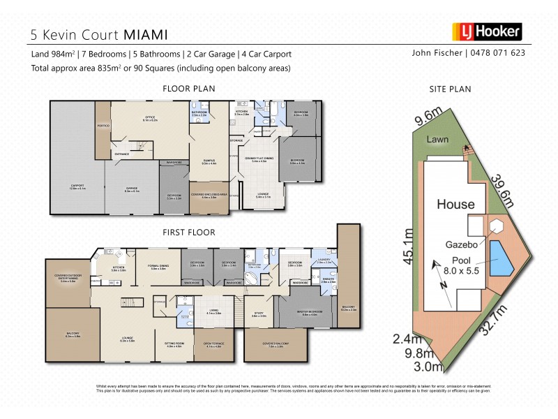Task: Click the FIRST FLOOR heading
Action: (188, 232)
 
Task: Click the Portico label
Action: (103, 127)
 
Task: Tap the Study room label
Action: (259, 315)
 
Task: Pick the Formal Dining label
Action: (158, 267)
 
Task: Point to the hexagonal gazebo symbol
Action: (497, 228)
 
